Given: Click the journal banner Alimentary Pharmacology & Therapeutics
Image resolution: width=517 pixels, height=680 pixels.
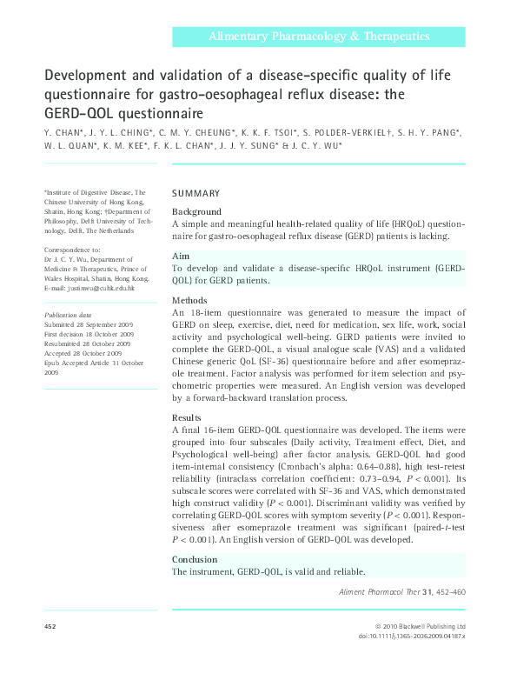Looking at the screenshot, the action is (320, 36).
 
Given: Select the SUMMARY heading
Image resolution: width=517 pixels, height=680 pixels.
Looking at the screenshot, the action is (196, 193).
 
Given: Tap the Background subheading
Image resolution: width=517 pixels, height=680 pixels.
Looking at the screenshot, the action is (197, 212).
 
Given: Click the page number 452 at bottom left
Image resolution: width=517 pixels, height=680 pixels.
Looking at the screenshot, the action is (50, 626).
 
